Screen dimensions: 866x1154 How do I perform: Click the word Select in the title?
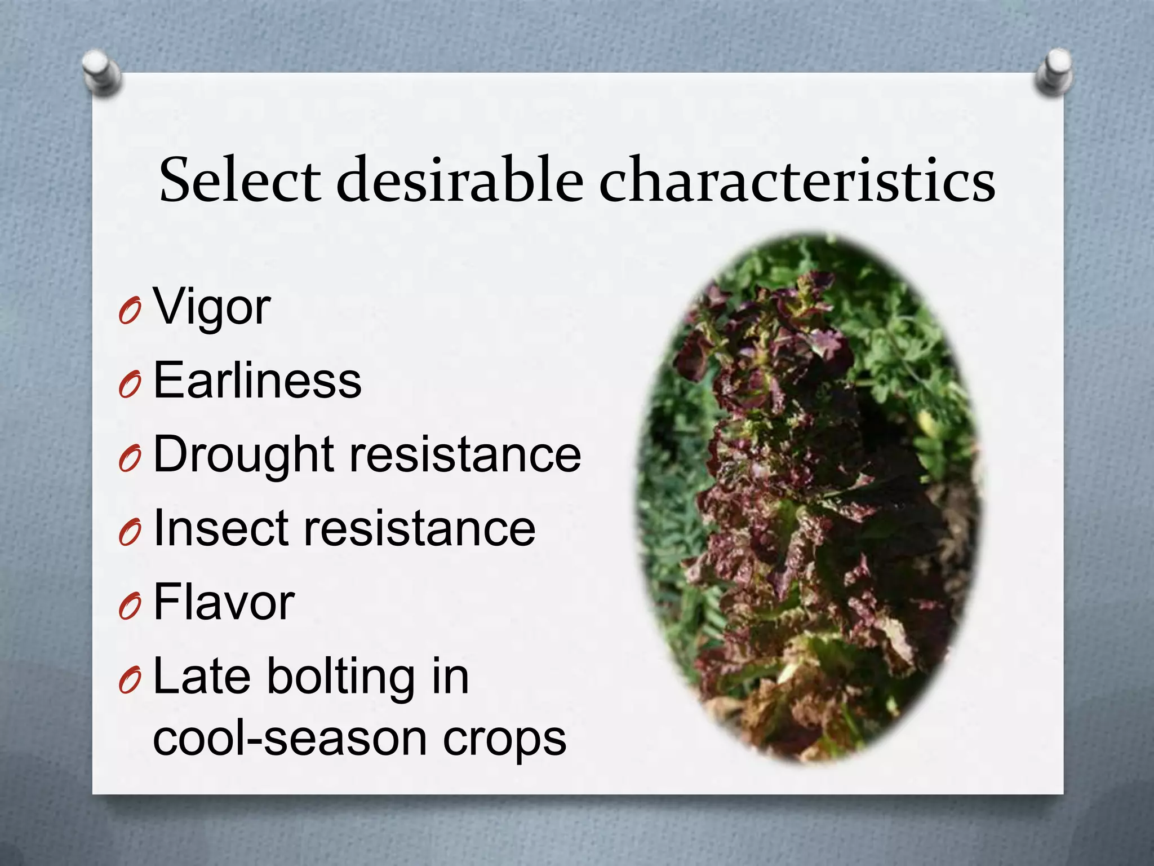[x=240, y=180]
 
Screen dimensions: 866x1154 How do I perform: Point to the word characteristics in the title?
[x=797, y=180]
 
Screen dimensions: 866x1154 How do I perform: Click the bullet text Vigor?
[x=212, y=307]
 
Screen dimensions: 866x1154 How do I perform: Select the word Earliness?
[x=257, y=381]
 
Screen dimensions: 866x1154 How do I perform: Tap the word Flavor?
[x=224, y=603]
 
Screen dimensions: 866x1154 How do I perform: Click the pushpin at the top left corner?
[x=102, y=72]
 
